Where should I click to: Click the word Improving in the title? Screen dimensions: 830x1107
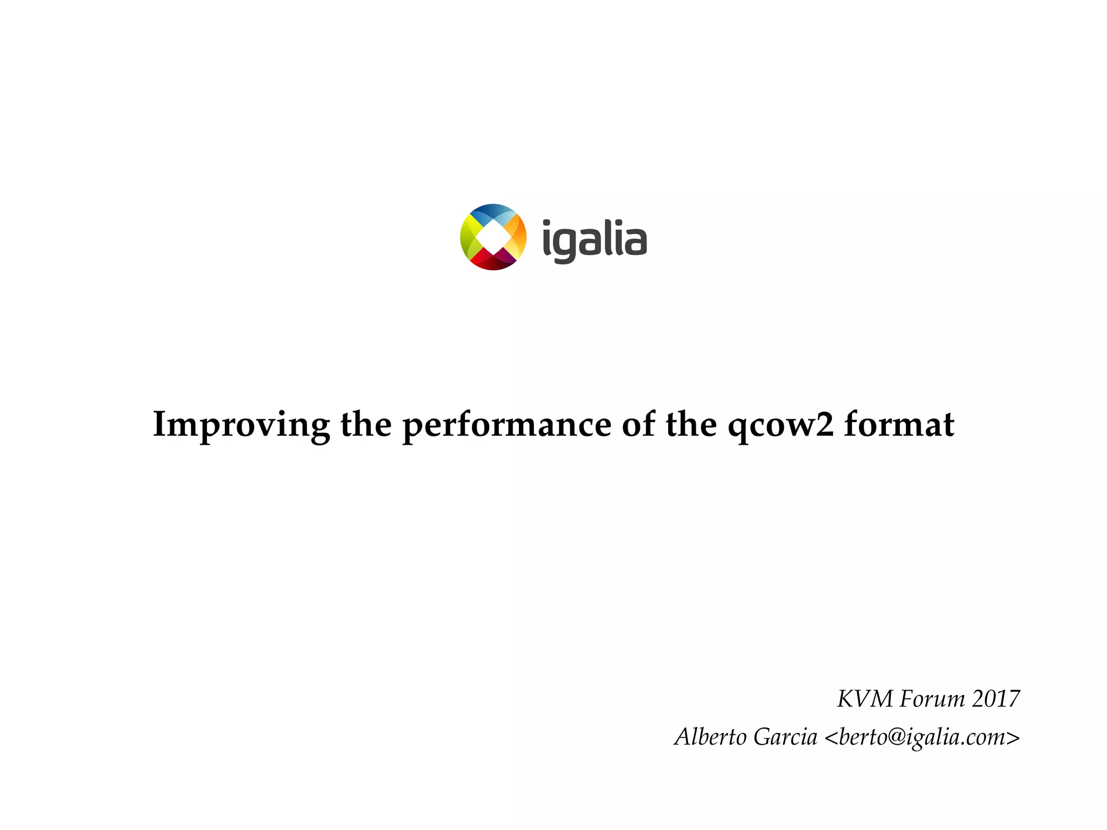coord(241,425)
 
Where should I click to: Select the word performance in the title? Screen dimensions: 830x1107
coord(506,425)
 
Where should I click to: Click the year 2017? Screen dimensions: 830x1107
coord(996,699)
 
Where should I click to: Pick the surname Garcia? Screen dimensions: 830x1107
coord(785,737)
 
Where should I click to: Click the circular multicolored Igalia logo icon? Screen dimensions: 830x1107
coord(493,237)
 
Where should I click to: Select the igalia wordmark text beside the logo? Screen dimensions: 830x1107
coord(594,240)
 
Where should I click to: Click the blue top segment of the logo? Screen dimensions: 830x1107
coord(492,212)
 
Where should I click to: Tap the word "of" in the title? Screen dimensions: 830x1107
coord(638,424)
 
